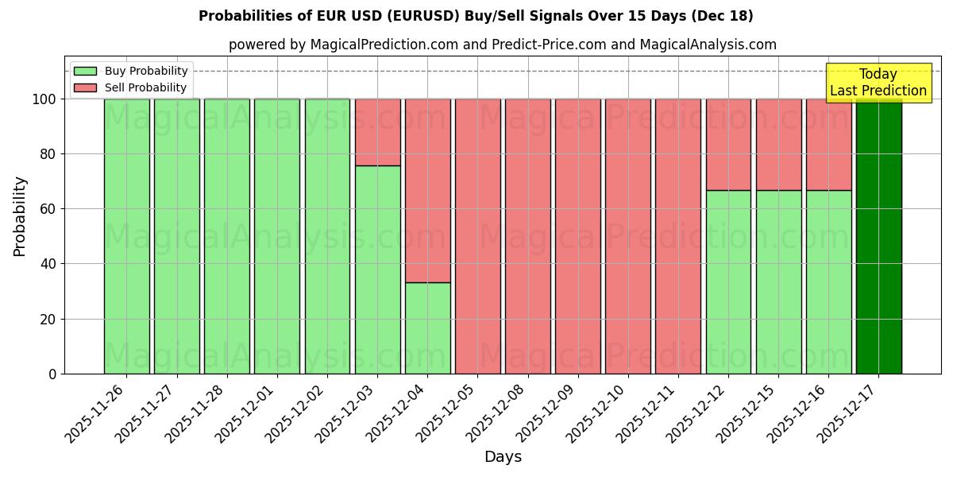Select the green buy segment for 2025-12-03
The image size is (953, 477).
(377, 270)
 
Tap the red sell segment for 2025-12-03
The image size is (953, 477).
(377, 132)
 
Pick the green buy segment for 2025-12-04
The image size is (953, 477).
(427, 328)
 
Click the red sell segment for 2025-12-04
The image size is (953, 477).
(427, 191)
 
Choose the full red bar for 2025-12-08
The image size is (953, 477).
(527, 236)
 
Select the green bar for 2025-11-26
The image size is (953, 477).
(126, 236)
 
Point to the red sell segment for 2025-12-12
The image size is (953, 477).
(728, 144)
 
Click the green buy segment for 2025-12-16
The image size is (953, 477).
(828, 281)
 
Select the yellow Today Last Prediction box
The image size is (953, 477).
(878, 83)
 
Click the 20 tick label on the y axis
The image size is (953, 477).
(49, 320)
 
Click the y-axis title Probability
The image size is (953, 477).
(20, 216)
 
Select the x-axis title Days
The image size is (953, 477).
(503, 457)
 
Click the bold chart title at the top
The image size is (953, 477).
(476, 16)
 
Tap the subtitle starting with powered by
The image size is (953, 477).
(502, 45)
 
